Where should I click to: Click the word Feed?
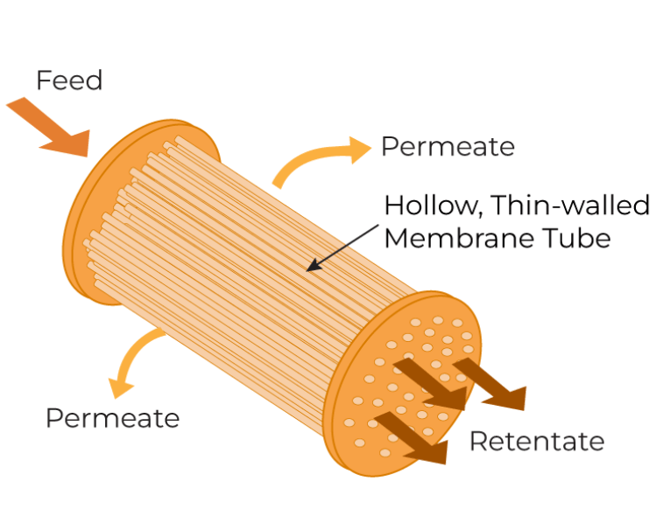coord(69,80)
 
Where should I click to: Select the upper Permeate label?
coord(448,146)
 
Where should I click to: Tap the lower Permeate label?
coord(112,418)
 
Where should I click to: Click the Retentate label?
coord(536,441)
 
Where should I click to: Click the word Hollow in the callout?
coord(433,206)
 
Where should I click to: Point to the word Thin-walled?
coord(570,206)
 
